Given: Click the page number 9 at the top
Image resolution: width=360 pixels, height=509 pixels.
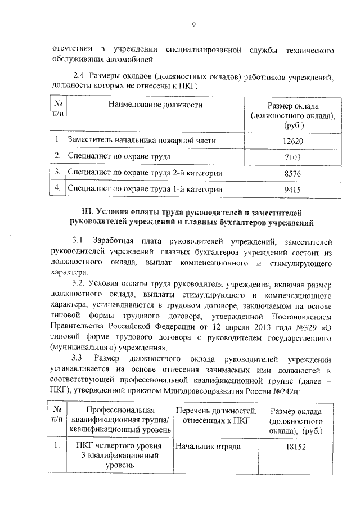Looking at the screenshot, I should [x=193, y=24].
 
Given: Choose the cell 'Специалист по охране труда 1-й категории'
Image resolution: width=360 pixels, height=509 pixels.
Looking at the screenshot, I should [x=143, y=190].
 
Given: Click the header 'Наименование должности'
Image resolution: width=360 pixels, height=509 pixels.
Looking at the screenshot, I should [x=155, y=105].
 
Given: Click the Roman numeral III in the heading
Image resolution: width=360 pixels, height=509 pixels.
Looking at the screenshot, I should [x=88, y=212].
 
